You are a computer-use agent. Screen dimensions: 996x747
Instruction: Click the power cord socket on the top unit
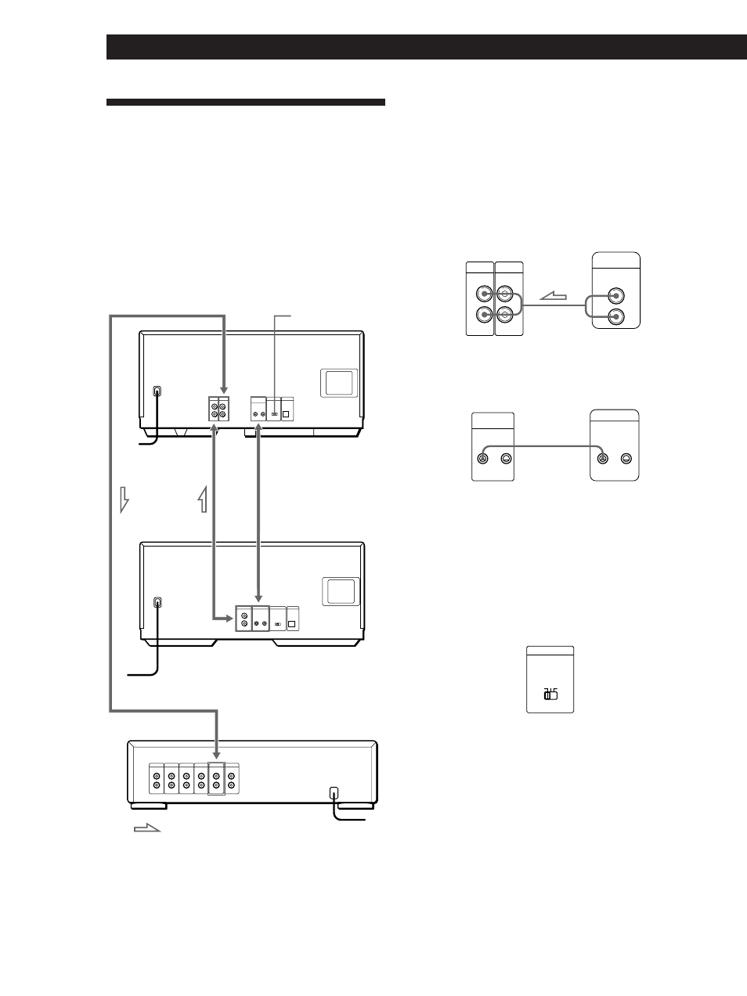(x=157, y=391)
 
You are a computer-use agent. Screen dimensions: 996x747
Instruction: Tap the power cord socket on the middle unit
(x=157, y=603)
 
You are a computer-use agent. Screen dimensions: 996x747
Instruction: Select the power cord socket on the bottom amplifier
(x=334, y=792)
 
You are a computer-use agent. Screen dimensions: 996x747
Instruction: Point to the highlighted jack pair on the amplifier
(x=216, y=779)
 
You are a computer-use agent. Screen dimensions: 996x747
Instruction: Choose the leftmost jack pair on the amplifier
(x=157, y=779)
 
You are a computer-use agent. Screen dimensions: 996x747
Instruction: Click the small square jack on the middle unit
(x=293, y=624)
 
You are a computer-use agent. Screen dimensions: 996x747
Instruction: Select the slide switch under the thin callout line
(x=274, y=413)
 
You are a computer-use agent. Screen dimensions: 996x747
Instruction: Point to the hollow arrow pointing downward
(x=124, y=498)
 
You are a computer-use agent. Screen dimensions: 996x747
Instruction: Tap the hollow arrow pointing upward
(x=204, y=498)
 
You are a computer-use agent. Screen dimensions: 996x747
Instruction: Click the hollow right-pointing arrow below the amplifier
(x=146, y=828)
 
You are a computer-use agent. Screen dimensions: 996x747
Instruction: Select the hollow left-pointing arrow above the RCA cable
(x=554, y=296)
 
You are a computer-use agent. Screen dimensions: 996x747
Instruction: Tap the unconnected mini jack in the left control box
(x=506, y=459)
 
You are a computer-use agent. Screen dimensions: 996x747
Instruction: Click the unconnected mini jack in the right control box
(x=626, y=459)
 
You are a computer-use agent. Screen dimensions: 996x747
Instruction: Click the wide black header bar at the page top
(x=427, y=47)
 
